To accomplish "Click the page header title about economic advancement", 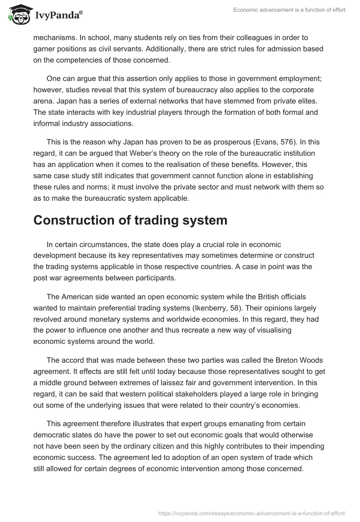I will [x=289, y=10].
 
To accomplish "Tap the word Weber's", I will [x=135, y=154].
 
